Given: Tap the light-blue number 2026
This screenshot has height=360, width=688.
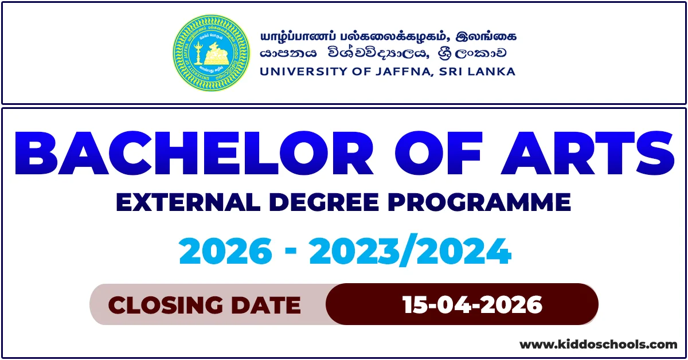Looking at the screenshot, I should [x=226, y=252].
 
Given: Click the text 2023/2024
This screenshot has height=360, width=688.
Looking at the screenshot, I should [x=410, y=252].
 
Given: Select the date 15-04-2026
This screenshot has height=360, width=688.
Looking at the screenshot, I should [x=472, y=305].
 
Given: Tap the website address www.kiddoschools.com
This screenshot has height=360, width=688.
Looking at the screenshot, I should [x=598, y=345].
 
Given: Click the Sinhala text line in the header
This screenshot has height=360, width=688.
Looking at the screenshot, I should [x=384, y=53].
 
